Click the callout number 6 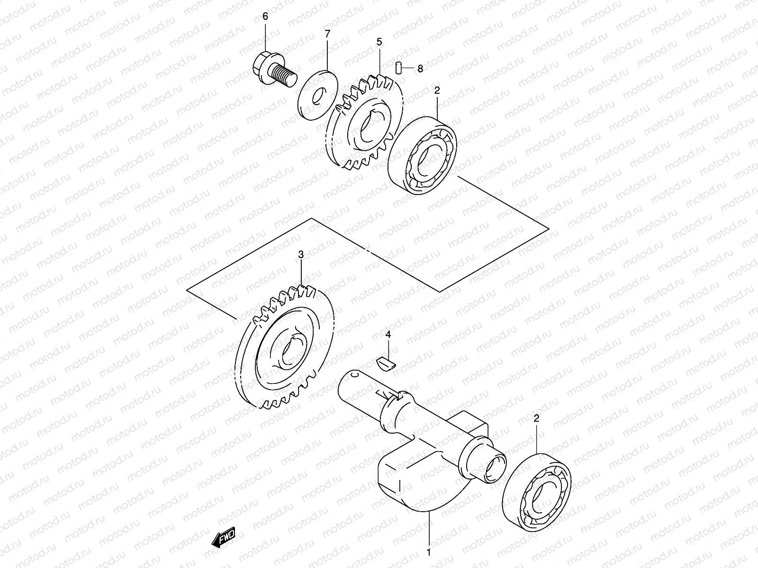(x=265, y=17)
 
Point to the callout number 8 (x=420, y=69)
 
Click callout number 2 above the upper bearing (x=437, y=89)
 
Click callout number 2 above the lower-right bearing (x=536, y=418)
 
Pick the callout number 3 (x=301, y=255)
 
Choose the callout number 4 (x=388, y=335)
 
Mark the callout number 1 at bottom (x=429, y=552)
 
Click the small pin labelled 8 (x=399, y=68)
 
